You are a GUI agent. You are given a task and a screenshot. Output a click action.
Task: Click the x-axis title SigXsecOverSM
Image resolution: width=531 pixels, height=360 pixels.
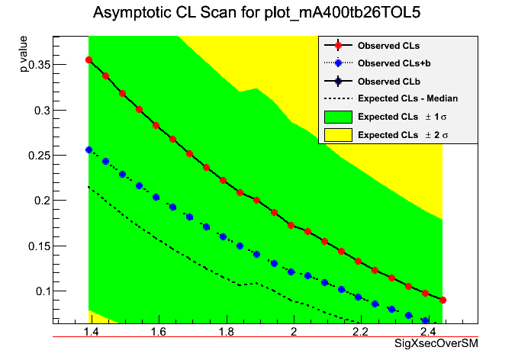pos(436,345)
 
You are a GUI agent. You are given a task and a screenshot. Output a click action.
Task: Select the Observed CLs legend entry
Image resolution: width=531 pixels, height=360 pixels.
pos(388,46)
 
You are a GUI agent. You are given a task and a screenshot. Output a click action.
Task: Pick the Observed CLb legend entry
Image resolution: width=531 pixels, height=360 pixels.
pos(388,81)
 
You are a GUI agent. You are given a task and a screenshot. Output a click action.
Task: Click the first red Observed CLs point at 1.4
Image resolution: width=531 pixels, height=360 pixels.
pos(89,59)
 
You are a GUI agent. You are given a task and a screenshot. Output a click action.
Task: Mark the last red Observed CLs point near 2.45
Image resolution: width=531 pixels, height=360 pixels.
pos(443,300)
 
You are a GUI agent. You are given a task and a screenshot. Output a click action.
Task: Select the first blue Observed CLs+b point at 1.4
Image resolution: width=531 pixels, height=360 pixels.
pos(89,150)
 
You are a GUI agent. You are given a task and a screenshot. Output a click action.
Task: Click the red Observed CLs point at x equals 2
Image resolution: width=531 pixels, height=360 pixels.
pos(291,226)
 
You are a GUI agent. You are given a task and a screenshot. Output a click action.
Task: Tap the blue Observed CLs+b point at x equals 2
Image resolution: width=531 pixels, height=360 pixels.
pos(291,272)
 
